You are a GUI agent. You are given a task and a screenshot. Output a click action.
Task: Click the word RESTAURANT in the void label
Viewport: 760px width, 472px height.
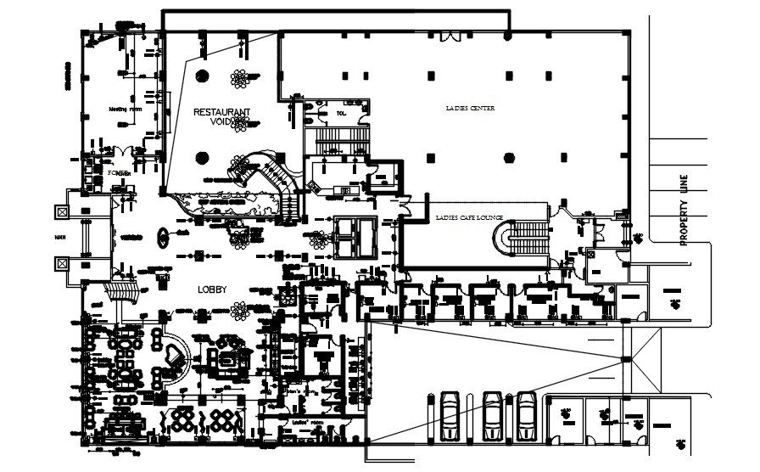click(x=221, y=111)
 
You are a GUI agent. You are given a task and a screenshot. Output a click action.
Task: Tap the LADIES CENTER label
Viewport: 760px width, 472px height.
click(x=470, y=109)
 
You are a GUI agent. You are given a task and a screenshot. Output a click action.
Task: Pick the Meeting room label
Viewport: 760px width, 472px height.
click(x=122, y=110)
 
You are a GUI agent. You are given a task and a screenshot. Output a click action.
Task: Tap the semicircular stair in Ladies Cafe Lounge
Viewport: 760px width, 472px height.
click(x=507, y=237)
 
